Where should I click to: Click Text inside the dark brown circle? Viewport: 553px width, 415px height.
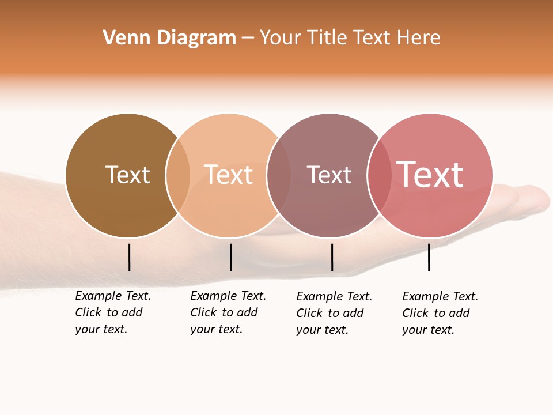pyautogui.click(x=127, y=175)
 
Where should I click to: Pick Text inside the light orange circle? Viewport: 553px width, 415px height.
pyautogui.click(x=229, y=175)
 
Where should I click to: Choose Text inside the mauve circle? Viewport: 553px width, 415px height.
pyautogui.click(x=329, y=175)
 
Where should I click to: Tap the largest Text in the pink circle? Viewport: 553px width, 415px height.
pyautogui.click(x=430, y=175)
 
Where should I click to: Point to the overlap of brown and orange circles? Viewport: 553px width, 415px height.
pyautogui.click(x=178, y=175)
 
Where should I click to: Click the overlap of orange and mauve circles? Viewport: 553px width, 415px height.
pyautogui.click(x=279, y=175)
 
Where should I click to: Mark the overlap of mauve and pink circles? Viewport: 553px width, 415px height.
pyautogui.click(x=380, y=175)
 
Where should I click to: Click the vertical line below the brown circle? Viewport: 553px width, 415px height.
pyautogui.click(x=129, y=257)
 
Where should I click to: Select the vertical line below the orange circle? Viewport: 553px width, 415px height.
pyautogui.click(x=230, y=257)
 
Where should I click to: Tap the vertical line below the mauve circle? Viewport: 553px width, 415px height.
pyautogui.click(x=332, y=257)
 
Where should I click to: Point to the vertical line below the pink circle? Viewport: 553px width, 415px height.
pyautogui.click(x=429, y=257)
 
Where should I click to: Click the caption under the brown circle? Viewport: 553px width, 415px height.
pyautogui.click(x=112, y=312)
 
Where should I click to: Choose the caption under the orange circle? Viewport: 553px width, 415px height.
pyautogui.click(x=228, y=312)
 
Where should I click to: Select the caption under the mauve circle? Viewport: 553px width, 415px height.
pyautogui.click(x=334, y=313)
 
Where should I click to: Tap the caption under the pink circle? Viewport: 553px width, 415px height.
pyautogui.click(x=440, y=313)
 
